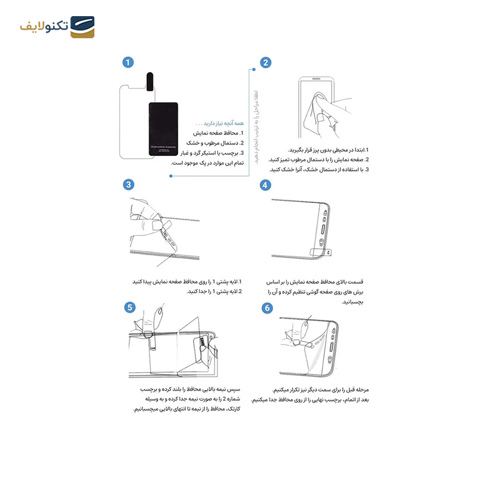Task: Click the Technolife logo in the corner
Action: [57, 27]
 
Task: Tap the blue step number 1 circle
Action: [128, 62]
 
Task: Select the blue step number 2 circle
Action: [266, 62]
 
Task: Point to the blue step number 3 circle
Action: [128, 185]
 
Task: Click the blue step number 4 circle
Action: [266, 185]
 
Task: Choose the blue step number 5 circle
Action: [128, 308]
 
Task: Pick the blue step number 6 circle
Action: [267, 308]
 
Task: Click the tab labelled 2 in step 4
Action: [320, 252]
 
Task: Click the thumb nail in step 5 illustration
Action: [160, 311]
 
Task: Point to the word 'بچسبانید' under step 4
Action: [353, 302]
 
